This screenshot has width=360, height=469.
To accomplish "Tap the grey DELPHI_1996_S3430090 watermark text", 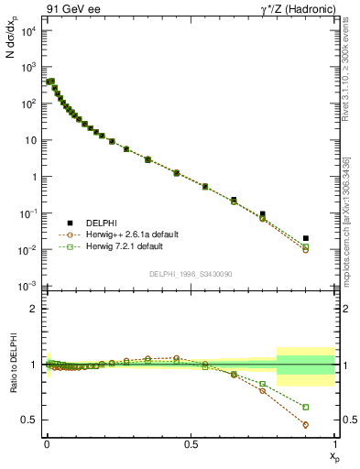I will (x=190, y=274).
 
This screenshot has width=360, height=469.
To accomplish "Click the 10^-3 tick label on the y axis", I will (x=27, y=287).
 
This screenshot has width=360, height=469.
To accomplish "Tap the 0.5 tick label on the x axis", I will (x=191, y=444).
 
